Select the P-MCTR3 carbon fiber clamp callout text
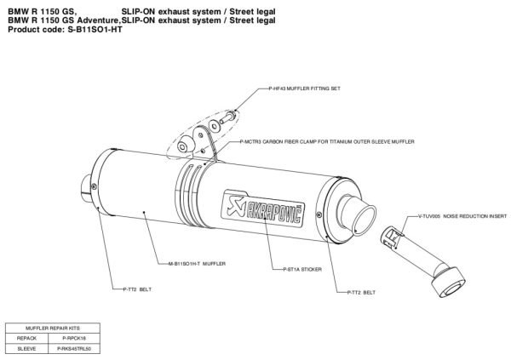coord(327,142)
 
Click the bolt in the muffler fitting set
coord(229,117)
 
